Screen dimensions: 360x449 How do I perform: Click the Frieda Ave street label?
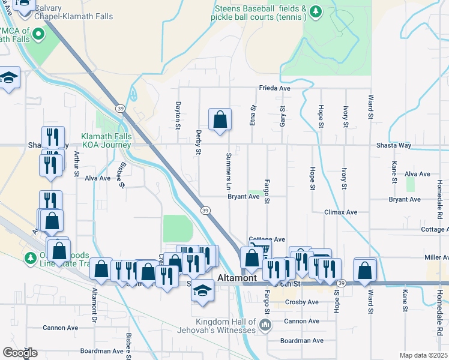(x=275, y=88)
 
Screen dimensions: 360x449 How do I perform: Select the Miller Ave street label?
(x=436, y=257)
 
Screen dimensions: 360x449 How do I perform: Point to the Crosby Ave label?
(x=301, y=302)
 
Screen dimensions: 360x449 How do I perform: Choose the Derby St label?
(x=197, y=144)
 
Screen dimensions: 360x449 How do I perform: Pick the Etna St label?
(x=253, y=115)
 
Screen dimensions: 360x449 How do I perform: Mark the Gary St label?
(x=282, y=116)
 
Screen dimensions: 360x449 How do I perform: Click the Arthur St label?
(x=76, y=163)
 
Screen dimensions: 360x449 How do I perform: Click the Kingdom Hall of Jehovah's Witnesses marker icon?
(x=265, y=326)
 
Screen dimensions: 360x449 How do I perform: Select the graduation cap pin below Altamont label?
(x=203, y=290)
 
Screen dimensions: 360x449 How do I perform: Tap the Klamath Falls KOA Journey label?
(x=106, y=141)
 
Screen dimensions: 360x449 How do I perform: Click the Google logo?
(x=19, y=353)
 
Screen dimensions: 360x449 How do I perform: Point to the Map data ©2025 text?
(x=423, y=355)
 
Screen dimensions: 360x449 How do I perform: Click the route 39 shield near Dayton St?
(x=120, y=108)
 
